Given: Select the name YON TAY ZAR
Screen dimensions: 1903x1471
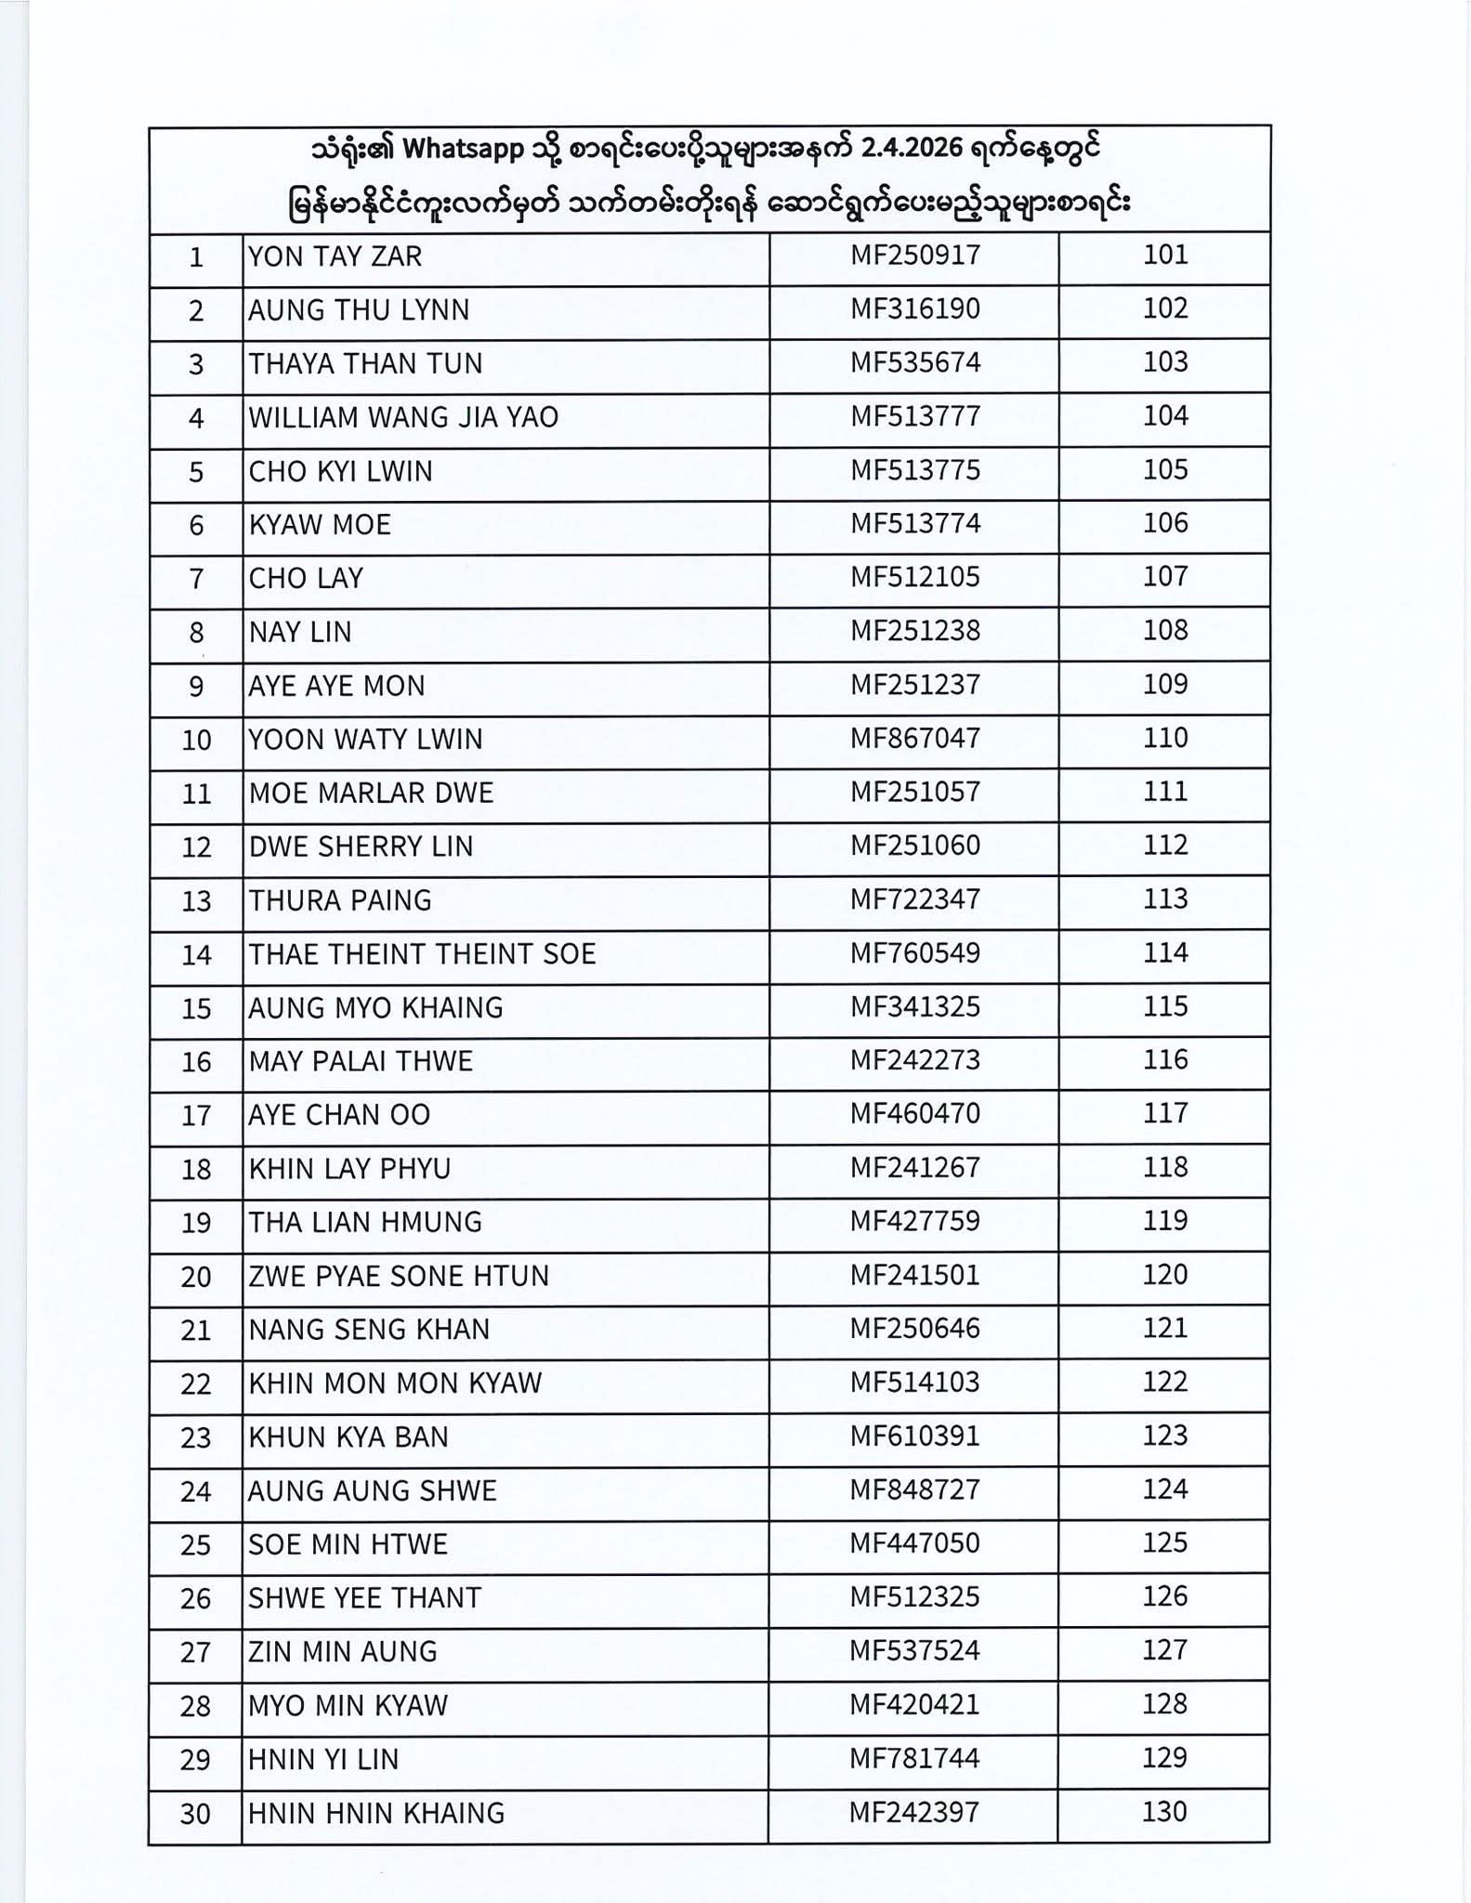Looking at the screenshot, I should click(x=335, y=256).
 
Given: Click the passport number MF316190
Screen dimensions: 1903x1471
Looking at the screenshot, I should click(x=915, y=308).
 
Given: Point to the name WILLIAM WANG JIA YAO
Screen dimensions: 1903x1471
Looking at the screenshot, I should click(x=403, y=417).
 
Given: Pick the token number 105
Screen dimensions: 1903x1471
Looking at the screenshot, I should click(x=1165, y=470).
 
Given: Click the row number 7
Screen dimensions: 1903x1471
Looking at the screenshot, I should click(x=196, y=579).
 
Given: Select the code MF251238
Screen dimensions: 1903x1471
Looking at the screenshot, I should click(x=915, y=631).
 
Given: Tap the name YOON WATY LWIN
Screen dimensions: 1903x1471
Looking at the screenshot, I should click(x=365, y=740).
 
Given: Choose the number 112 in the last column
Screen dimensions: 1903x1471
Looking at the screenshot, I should click(x=1165, y=846).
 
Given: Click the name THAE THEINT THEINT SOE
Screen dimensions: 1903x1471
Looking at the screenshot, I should click(x=422, y=954).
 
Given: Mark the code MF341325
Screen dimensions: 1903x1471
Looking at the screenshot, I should click(x=915, y=1007).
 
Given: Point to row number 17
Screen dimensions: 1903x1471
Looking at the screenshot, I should click(x=196, y=1116).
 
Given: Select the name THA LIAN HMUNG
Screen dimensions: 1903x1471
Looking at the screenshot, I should click(x=365, y=1222).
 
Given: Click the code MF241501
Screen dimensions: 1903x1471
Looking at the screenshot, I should click(x=915, y=1275).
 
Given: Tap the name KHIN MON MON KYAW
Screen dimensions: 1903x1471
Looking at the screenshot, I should click(x=395, y=1384).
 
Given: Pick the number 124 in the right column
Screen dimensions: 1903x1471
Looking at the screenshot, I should click(x=1165, y=1490).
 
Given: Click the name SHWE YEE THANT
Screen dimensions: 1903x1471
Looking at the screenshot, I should click(x=365, y=1598).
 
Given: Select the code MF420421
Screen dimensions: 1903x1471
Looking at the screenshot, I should click(x=915, y=1705).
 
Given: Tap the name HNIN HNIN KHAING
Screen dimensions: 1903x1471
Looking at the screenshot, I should click(x=376, y=1813).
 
